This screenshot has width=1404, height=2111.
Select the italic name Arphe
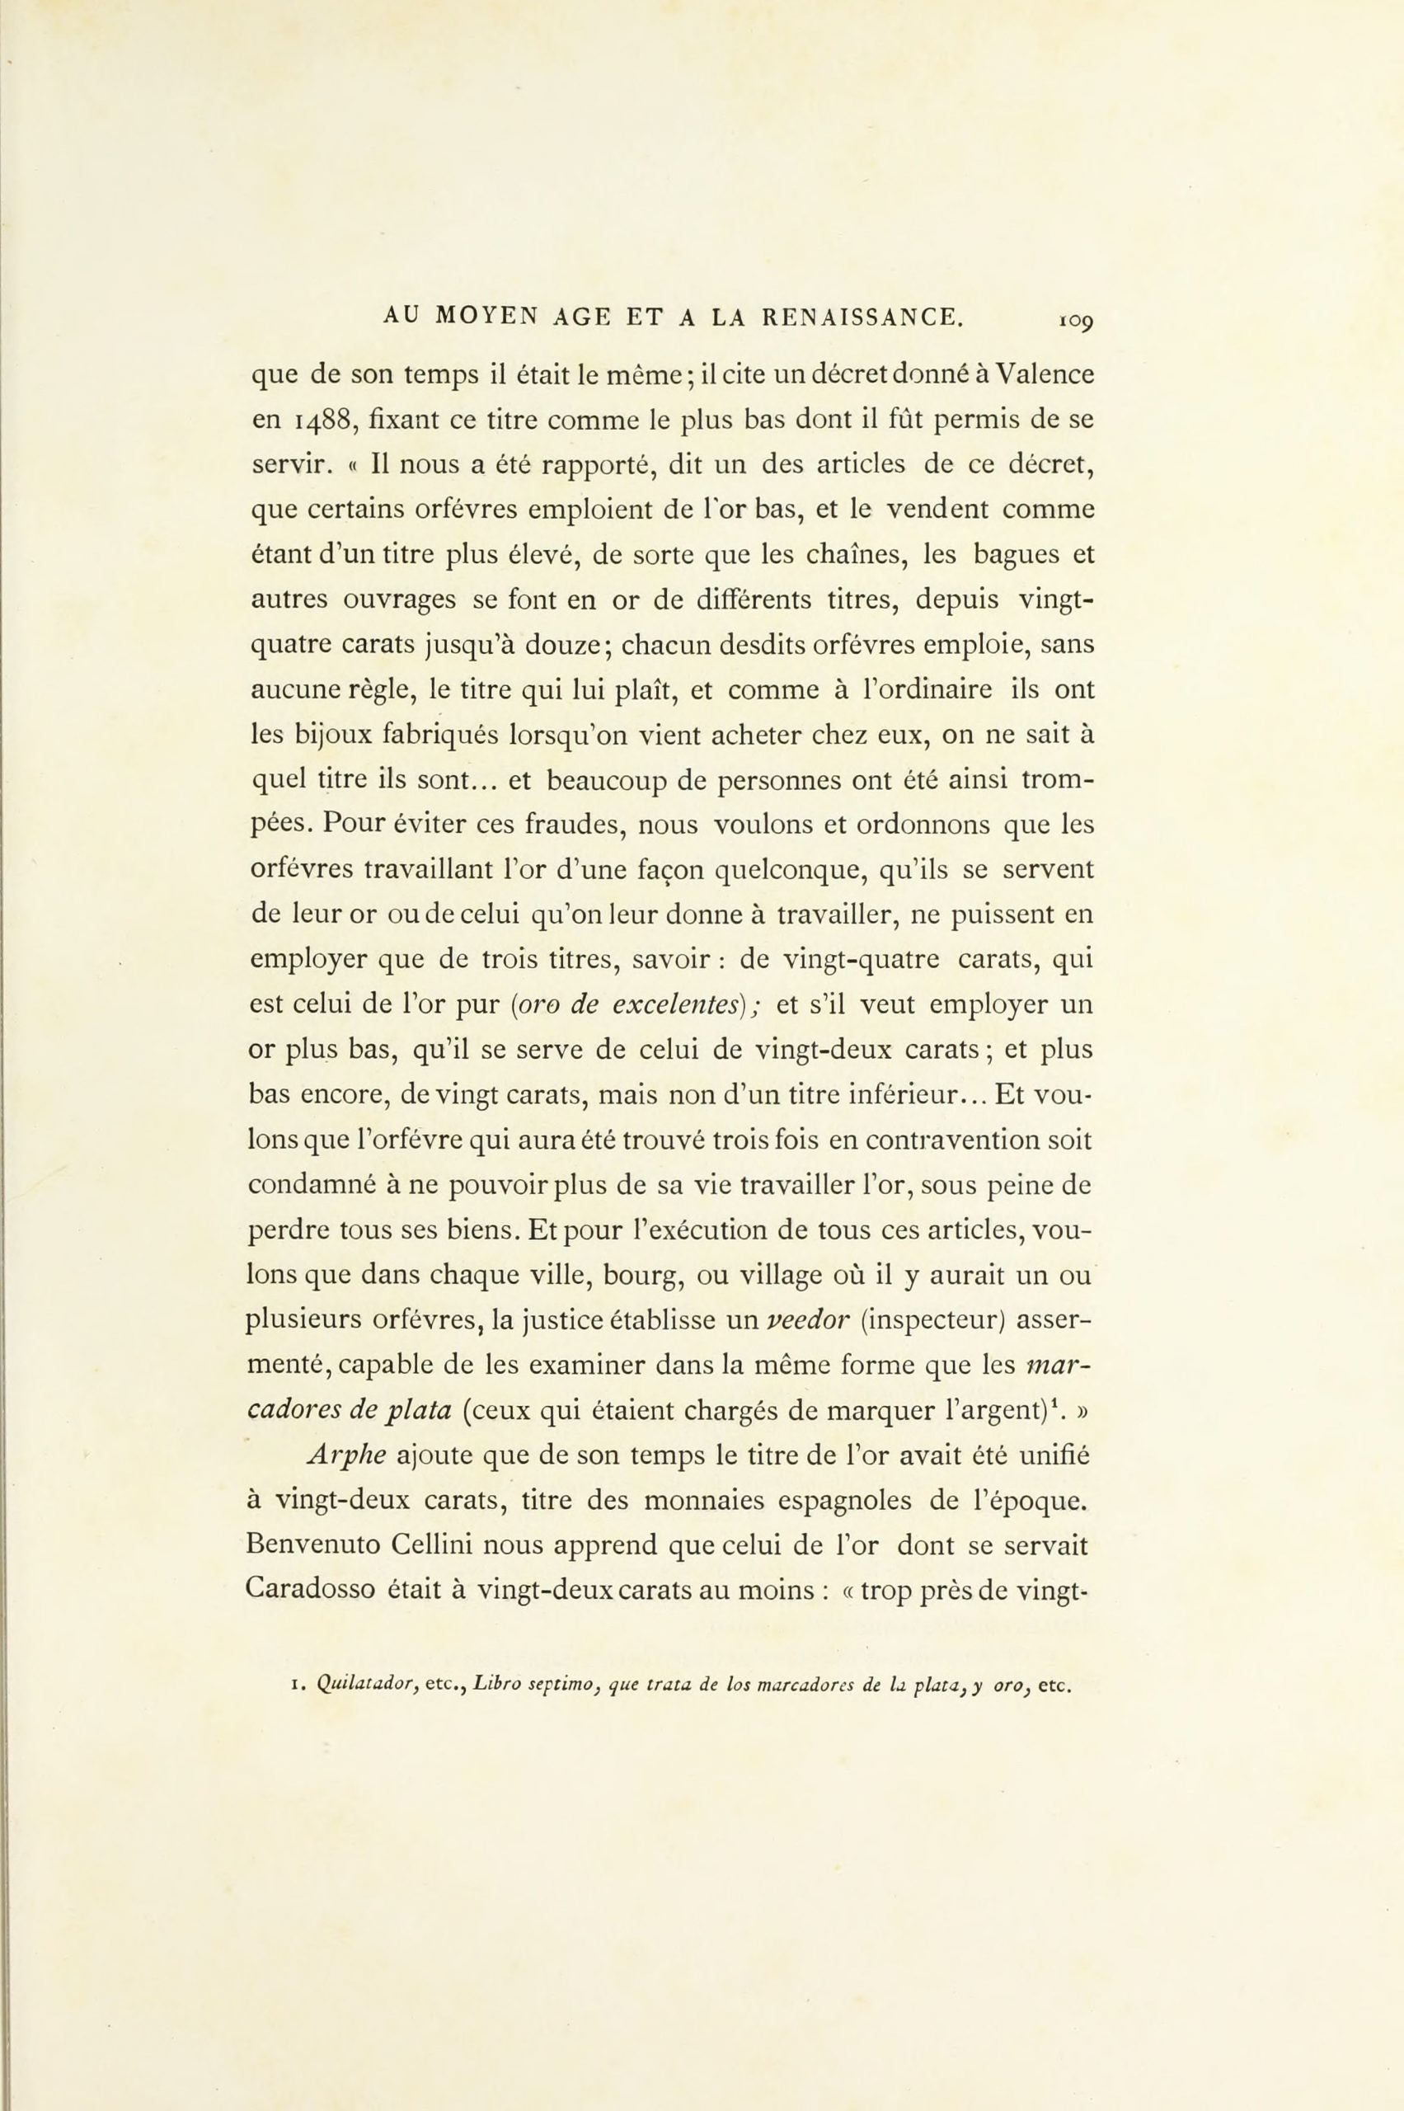coord(346,1456)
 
